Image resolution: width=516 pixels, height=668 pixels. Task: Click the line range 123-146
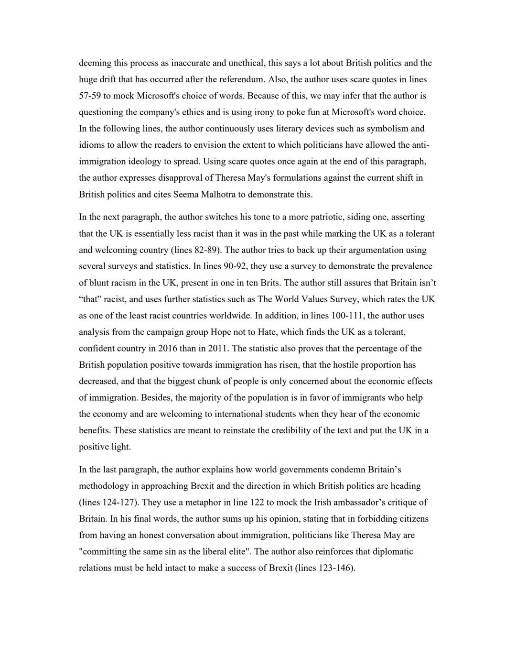(335, 568)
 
